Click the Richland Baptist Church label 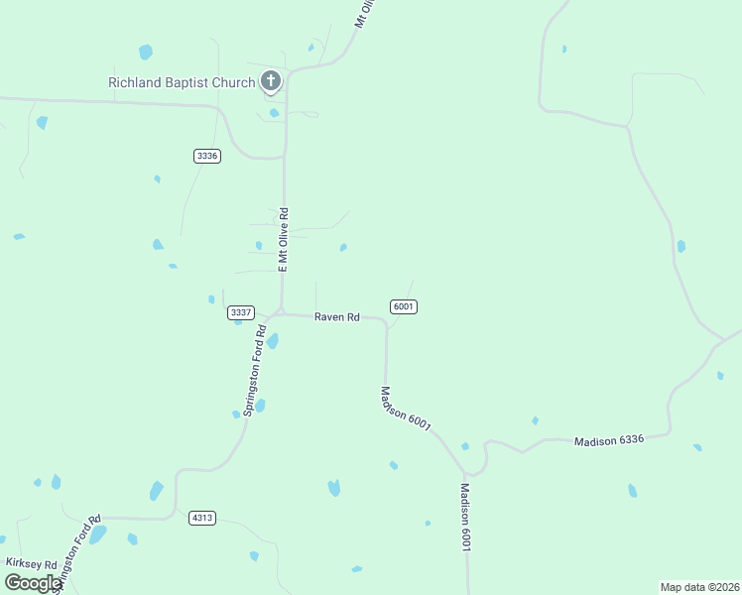[x=182, y=82]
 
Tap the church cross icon [x=270, y=81]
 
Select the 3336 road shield [x=207, y=156]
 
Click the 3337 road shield [x=241, y=312]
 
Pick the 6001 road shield [x=403, y=306]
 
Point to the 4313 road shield [x=202, y=518]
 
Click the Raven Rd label [x=336, y=317]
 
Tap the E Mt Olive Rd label [x=283, y=239]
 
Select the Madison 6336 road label [x=609, y=440]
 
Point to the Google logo [x=33, y=583]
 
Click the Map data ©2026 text [x=699, y=587]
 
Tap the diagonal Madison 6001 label [x=406, y=409]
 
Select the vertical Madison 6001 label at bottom [x=464, y=518]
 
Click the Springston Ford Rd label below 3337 [x=255, y=370]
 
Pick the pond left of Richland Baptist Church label [x=146, y=52]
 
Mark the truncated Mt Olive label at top [x=363, y=14]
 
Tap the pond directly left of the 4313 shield [x=156, y=490]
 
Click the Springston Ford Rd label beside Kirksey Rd [x=79, y=550]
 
